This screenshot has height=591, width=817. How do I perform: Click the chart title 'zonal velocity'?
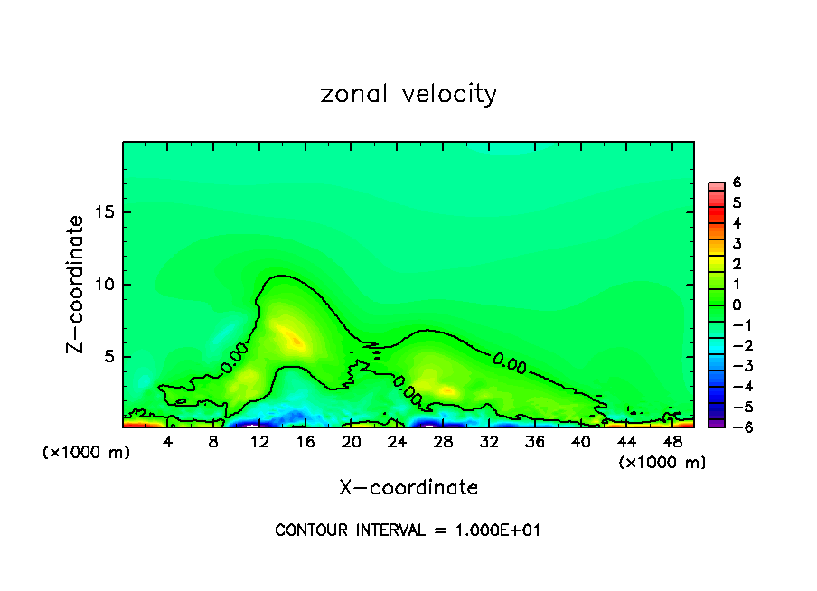pos(408,94)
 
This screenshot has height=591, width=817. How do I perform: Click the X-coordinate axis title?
pos(408,488)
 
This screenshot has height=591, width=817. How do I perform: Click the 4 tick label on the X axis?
pos(168,442)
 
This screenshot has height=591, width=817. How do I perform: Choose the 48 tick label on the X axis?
pos(672,442)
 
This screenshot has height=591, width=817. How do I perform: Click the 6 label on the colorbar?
pos(737,182)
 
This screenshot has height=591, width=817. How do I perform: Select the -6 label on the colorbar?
pos(737,427)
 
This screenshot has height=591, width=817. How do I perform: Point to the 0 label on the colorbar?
pos(737,305)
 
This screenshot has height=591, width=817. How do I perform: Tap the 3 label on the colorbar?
pos(737,243)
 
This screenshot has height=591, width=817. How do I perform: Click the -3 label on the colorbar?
pos(737,366)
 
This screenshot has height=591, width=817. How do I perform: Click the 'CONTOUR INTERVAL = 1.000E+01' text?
pos(408,530)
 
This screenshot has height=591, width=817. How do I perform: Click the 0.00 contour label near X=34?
pos(510,361)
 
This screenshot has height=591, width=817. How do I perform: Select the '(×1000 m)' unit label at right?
pos(662,463)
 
